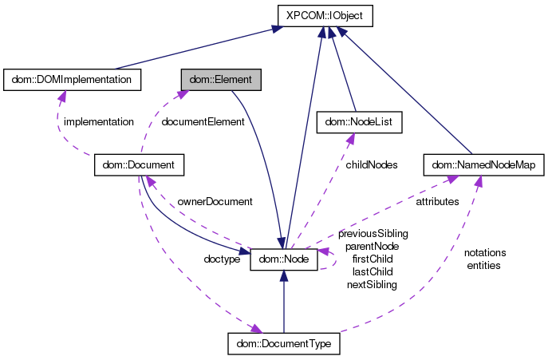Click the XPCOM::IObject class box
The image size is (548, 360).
(x=321, y=14)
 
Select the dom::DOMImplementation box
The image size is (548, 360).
(x=73, y=80)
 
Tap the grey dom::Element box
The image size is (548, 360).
(x=221, y=80)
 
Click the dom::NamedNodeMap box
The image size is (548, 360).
(x=483, y=165)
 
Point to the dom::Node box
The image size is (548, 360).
(x=284, y=259)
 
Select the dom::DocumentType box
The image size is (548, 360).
(x=284, y=344)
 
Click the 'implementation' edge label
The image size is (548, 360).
(x=98, y=122)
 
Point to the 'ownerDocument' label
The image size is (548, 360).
(x=215, y=201)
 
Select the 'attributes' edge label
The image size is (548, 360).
(x=438, y=201)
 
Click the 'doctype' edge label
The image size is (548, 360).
(x=222, y=259)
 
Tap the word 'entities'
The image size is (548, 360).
(x=483, y=265)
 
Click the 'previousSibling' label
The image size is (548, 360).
(x=373, y=234)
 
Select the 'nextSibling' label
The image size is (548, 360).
(x=372, y=284)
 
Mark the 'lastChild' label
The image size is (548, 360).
(x=372, y=271)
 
